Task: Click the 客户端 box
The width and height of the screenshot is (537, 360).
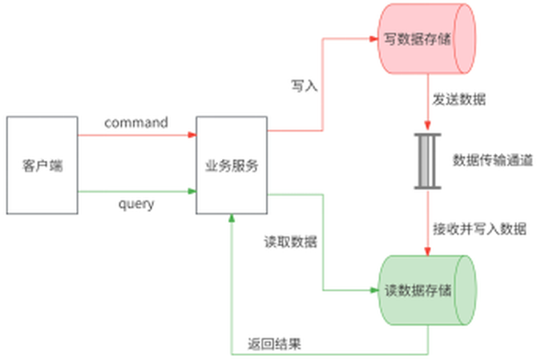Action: (42, 166)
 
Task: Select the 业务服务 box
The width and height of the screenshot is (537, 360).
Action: (232, 166)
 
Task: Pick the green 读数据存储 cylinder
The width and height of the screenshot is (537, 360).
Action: (427, 289)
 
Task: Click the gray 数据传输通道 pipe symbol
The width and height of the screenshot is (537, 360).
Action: (427, 161)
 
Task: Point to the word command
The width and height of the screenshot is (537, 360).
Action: (136, 123)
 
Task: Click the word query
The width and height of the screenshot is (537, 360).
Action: (136, 204)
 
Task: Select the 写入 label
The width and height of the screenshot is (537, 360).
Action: (305, 86)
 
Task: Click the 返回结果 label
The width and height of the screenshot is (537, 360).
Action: (275, 343)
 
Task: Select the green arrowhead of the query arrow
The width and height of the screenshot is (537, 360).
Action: (192, 191)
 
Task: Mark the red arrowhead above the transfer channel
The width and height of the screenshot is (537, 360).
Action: (427, 128)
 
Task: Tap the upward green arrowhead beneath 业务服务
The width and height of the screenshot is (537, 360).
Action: (232, 218)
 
